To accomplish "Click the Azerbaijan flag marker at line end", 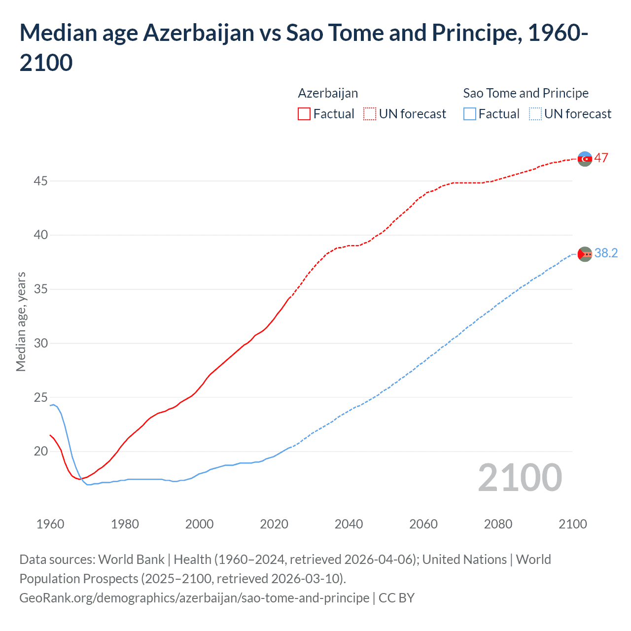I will pos(585,159).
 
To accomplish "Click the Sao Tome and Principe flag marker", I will pos(585,254).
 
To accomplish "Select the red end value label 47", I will pos(601,158).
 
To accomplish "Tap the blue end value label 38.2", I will pos(606,253).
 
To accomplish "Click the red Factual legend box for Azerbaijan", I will pos(304,114).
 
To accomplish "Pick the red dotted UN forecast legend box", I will pos(370,114).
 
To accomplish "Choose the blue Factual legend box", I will pos(470,114).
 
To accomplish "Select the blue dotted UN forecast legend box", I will pos(535,114).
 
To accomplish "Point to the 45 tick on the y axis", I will pos(40,181).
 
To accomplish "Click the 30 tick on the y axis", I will pos(40,343).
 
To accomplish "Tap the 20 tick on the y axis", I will pos(40,451).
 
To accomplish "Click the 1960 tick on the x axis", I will pos(50,524).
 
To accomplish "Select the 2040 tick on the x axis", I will pos(349,524).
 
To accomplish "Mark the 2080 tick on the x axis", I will pos(498,524).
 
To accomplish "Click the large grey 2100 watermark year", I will pos(520,477).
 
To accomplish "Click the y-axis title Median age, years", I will pos(21,321).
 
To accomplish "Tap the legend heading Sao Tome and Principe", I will pos(526,93).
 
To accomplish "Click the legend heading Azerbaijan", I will pos(328,93).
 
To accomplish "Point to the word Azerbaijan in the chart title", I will pos(199,33).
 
